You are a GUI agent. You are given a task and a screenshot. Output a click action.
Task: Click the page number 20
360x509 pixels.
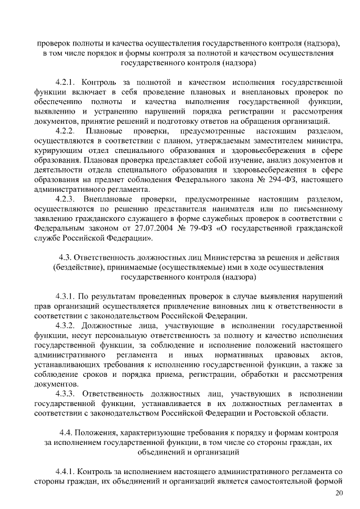tap(338, 493)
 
